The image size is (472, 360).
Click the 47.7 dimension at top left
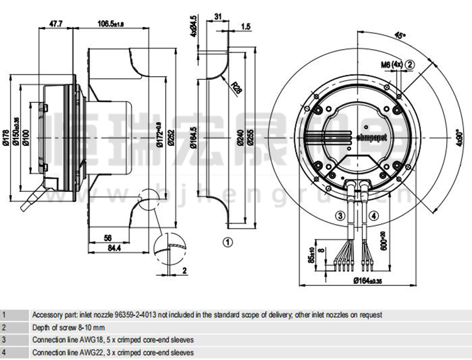point(55,24)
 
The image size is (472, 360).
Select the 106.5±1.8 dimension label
point(111,24)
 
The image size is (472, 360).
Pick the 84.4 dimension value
point(113,249)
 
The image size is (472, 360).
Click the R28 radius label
point(237,88)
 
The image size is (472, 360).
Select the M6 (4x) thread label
point(391,64)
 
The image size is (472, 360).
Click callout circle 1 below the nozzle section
point(228,240)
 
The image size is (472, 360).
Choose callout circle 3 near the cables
point(340,216)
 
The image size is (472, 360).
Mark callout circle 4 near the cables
point(374,216)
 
